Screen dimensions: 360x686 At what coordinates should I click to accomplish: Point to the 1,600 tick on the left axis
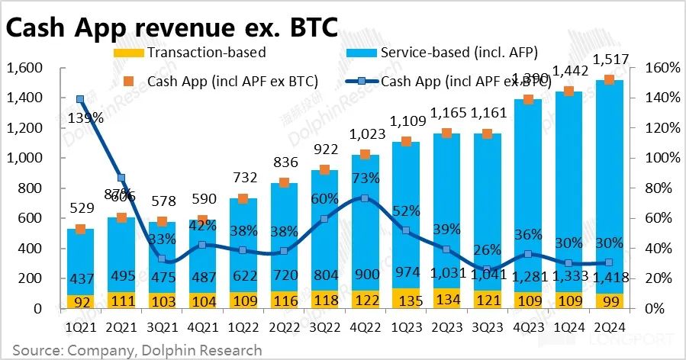[25, 68]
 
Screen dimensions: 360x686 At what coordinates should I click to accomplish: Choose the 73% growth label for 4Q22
[366, 178]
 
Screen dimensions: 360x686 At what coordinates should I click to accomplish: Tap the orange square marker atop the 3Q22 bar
[324, 170]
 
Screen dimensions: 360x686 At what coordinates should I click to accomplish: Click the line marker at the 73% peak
[365, 198]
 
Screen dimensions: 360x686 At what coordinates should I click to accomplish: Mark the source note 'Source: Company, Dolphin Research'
[137, 350]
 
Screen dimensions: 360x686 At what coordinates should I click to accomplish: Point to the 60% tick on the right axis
[657, 219]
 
